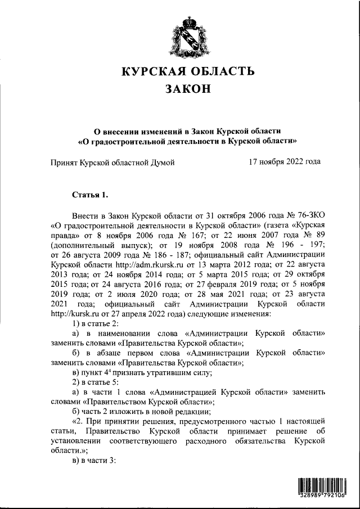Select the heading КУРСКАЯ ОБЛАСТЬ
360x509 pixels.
click(188, 71)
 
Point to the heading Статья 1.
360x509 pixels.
click(89, 195)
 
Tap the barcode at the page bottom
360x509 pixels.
click(321, 488)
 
